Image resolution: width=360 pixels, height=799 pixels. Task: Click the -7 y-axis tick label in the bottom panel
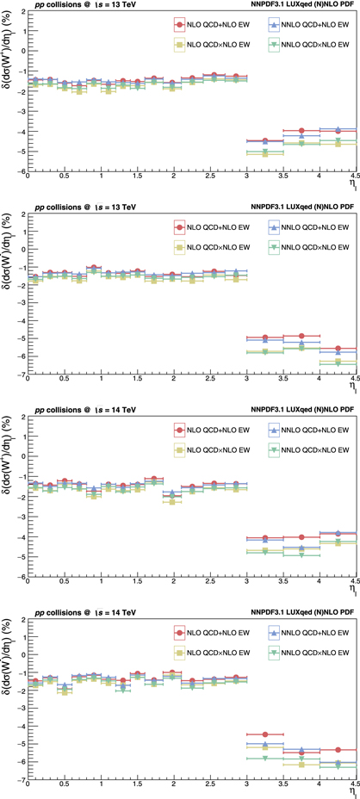tap(21, 781)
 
